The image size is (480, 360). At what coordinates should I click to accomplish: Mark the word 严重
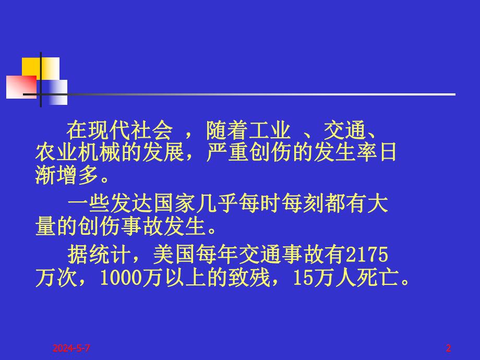221,153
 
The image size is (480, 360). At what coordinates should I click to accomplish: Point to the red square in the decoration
20,86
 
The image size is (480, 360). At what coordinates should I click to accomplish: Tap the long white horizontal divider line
261,94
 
